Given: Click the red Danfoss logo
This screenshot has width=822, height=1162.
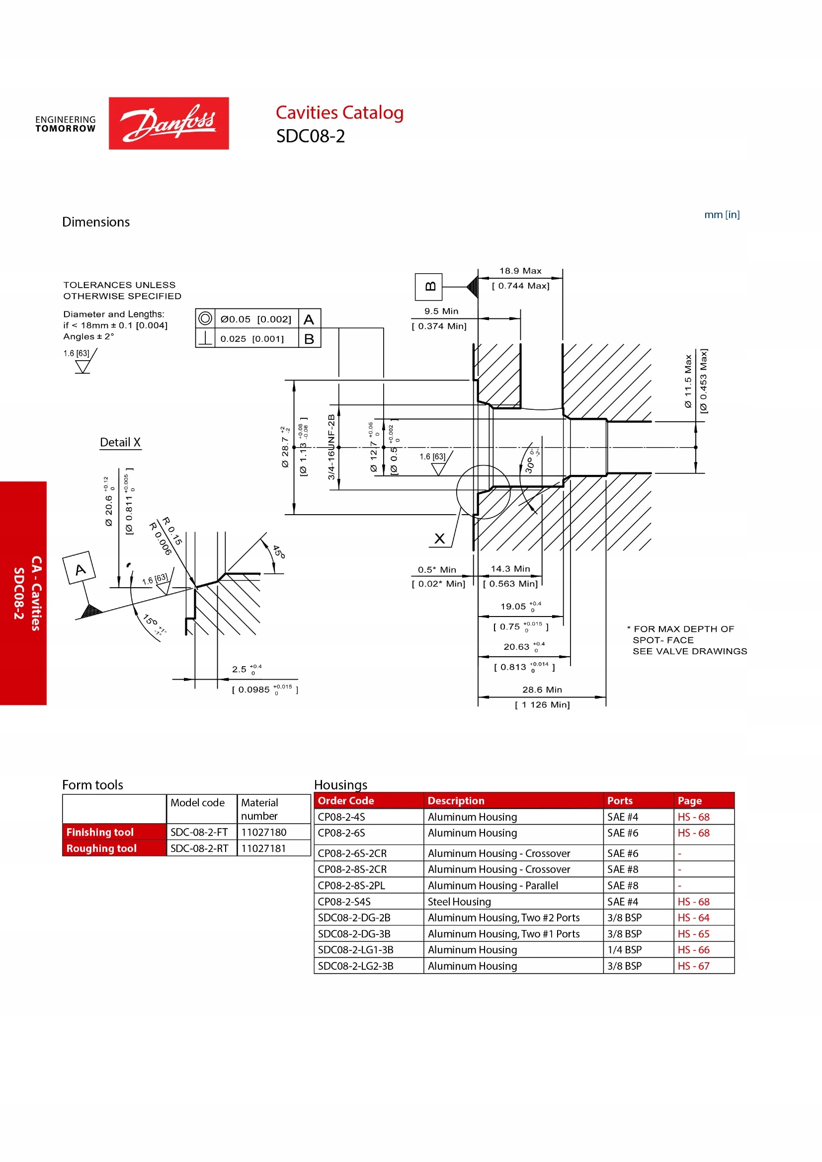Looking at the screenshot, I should coord(168,123).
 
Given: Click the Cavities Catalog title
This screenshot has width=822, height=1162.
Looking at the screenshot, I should coord(339,112).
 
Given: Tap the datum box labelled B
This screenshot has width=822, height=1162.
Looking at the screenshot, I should coord(428,287).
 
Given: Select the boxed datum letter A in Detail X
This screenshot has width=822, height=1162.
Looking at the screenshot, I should coord(80,567).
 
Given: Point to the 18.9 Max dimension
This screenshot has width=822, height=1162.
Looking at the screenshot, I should coord(520,271).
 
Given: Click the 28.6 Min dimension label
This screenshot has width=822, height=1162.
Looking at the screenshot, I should coord(542,690).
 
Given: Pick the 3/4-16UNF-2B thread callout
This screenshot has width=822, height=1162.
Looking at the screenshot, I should coord(331,447).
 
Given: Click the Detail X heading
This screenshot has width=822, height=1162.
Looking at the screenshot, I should coord(120,442).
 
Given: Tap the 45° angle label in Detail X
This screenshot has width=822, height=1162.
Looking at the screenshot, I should coord(279,551).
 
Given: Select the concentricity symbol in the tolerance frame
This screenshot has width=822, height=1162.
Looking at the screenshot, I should coord(205,318).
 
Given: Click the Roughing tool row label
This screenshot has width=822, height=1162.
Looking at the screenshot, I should coord(101,848).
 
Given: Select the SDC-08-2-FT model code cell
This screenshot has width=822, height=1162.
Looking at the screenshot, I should coord(199,832).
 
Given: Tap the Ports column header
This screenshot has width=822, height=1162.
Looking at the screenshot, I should coord(620,801).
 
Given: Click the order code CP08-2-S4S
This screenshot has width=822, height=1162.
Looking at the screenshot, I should coord(344,901).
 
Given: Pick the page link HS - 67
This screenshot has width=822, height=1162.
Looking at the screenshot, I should coord(693,966).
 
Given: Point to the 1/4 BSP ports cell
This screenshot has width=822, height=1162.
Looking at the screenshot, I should coord(624,949).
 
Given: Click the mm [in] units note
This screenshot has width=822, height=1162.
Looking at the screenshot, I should coord(722,215).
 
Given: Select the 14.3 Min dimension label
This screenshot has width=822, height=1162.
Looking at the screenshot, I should coord(510,569).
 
